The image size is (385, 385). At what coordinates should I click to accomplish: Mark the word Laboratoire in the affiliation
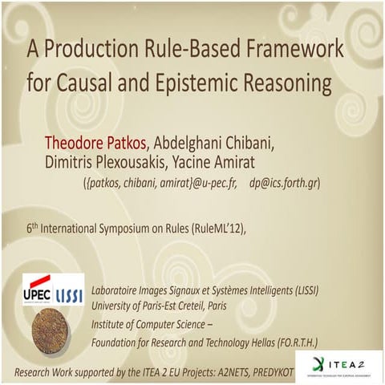[120, 289]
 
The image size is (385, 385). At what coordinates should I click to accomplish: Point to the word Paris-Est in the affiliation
[163, 305]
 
